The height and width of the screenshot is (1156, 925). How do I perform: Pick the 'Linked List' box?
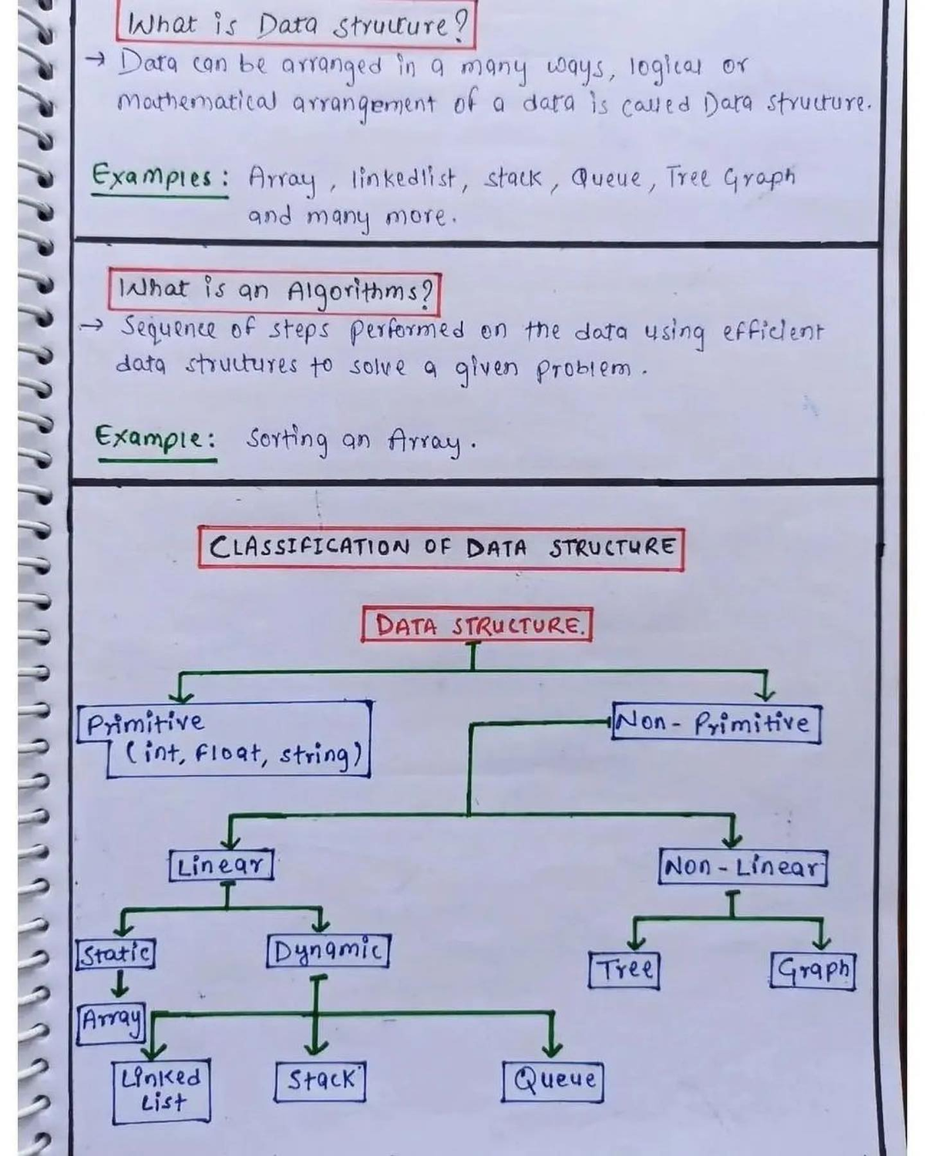click(x=161, y=1091)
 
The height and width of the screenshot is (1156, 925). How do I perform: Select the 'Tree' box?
click(x=624, y=970)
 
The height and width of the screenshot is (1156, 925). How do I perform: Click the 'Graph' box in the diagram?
click(x=812, y=970)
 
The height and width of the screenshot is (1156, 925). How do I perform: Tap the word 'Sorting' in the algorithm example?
click(x=287, y=442)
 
